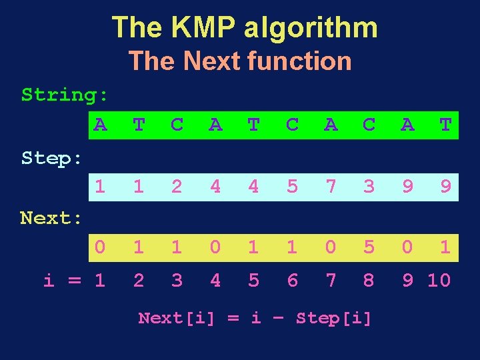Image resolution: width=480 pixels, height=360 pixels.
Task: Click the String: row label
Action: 65,95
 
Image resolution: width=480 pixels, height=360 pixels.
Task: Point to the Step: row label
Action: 52,158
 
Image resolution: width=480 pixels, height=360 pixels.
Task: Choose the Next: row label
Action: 52,217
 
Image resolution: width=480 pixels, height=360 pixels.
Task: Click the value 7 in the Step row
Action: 331,186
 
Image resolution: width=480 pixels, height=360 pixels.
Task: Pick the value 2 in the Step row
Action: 177,186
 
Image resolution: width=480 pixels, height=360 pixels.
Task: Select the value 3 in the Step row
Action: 369,186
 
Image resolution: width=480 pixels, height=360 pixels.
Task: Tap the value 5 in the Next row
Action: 369,247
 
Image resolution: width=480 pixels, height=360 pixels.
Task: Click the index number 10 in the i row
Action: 439,281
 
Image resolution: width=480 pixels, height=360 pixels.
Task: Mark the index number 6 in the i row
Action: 292,281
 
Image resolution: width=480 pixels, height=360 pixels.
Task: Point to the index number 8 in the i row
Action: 369,281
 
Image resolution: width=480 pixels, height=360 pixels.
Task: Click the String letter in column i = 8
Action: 369,124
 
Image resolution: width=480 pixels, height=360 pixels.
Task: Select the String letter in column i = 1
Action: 100,124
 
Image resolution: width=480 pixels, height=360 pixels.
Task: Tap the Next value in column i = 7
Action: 331,247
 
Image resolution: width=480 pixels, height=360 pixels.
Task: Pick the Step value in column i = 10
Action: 445,186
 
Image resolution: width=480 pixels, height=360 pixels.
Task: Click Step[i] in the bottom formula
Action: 333,319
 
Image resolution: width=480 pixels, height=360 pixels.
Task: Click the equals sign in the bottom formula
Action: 233,319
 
